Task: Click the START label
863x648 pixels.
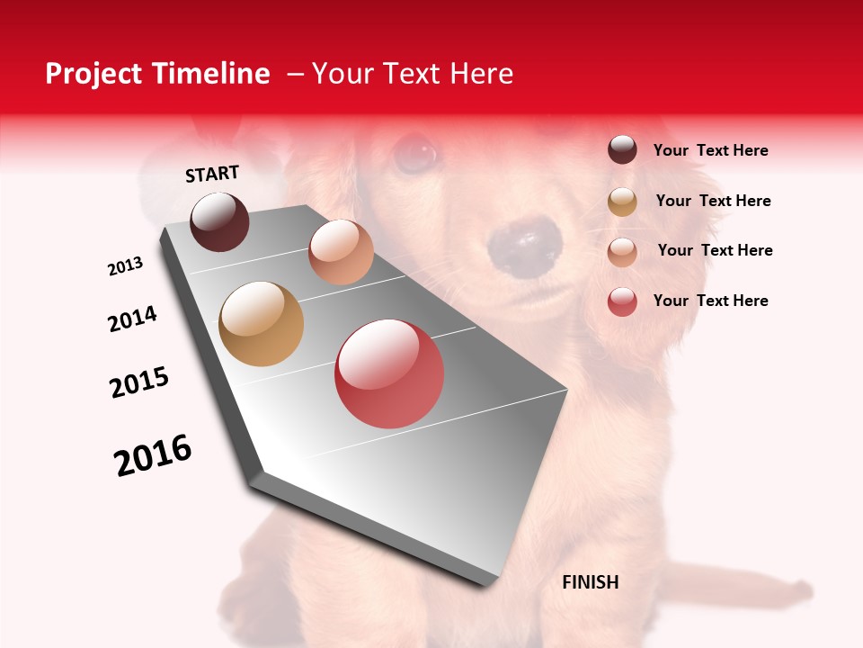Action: [212, 174]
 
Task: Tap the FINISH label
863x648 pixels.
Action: [590, 582]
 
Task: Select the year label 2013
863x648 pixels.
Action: [126, 266]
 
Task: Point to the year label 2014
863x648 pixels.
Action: [132, 319]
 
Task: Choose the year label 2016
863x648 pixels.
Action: [153, 455]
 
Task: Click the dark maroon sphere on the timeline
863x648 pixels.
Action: [219, 221]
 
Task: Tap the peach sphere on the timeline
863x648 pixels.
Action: [341, 252]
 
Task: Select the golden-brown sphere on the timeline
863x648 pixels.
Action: [261, 324]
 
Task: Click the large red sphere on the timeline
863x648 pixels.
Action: [389, 373]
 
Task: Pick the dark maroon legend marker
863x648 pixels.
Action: [622, 150]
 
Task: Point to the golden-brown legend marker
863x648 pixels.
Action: [622, 202]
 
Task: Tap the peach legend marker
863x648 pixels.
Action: [622, 251]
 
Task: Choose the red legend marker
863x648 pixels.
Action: [622, 301]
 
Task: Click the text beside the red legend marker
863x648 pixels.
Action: [710, 301]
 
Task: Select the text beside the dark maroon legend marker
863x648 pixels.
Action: [710, 150]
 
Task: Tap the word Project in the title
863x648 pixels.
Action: [93, 74]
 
